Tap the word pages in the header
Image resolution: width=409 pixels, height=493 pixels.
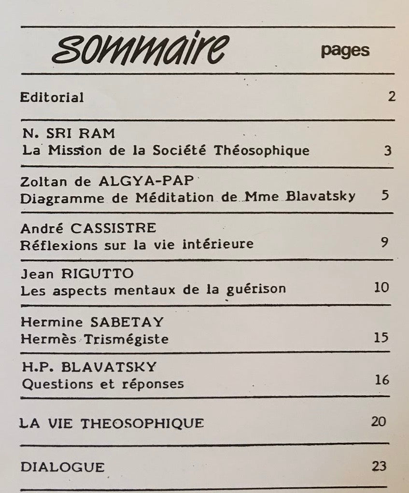[x=345, y=51]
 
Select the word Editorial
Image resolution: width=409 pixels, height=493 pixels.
[x=52, y=97]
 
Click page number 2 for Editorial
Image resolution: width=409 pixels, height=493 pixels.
[x=391, y=96]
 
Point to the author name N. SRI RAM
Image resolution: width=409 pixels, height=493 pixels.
[x=69, y=134]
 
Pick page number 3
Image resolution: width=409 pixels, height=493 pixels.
[x=387, y=151]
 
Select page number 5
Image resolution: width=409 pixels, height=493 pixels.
[x=385, y=196]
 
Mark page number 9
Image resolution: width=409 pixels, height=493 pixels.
[x=384, y=242]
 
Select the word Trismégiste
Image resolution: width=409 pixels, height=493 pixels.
[x=127, y=338]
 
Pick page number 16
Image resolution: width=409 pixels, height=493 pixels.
[x=381, y=380]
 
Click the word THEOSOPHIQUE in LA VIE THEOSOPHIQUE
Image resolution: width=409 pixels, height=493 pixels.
[x=142, y=423]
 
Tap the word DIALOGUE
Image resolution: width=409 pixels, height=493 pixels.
[x=63, y=467]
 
